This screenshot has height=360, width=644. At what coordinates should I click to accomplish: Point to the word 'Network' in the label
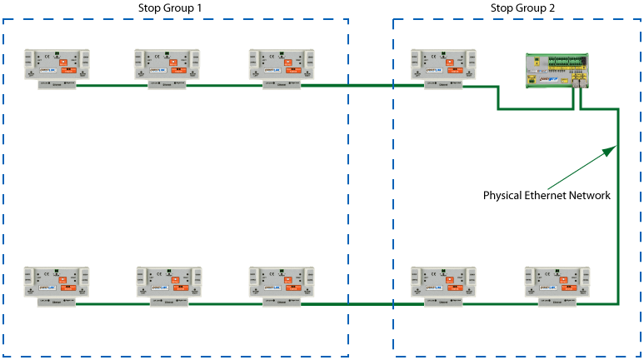coord(592,196)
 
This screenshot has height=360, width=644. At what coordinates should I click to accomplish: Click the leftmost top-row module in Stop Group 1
coord(57,66)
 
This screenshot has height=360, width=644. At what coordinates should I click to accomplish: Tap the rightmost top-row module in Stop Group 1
coord(282,66)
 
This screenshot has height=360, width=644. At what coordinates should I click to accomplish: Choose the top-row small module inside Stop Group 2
coord(443,66)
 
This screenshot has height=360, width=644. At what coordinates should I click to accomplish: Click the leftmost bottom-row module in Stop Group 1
coord(57,283)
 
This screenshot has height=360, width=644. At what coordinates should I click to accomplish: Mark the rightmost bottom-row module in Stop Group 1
coord(282,283)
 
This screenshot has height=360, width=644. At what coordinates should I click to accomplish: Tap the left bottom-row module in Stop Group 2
coord(443,283)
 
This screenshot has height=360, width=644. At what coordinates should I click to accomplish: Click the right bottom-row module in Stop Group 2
coord(556,283)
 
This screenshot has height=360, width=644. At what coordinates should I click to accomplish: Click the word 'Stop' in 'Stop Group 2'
coord(502,7)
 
